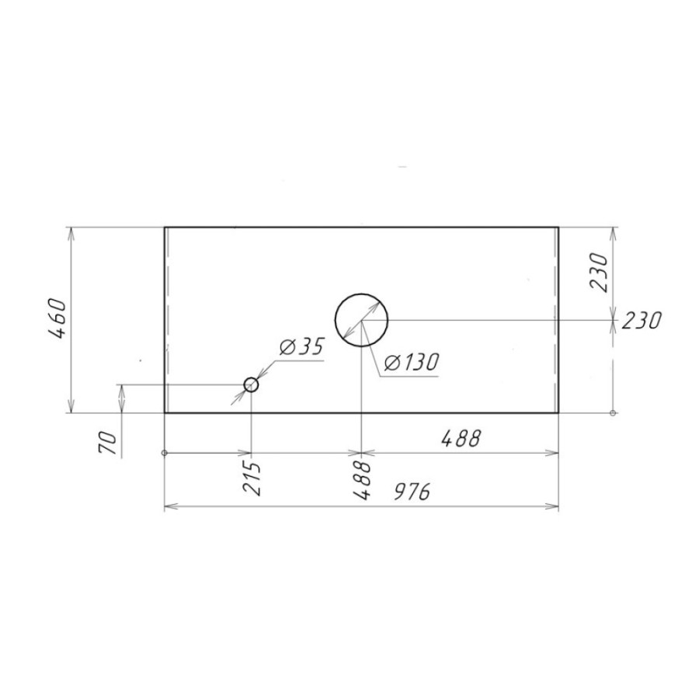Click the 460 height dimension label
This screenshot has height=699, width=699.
click(57, 319)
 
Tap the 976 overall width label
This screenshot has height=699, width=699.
click(412, 492)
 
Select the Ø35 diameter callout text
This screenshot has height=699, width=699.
click(301, 347)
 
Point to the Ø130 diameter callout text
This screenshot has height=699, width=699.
click(411, 363)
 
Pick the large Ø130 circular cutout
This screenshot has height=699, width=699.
click(361, 294)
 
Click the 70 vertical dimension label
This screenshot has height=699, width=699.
click(107, 443)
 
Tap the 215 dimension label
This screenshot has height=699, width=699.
click(252, 478)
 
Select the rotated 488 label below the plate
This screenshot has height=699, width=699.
click(361, 480)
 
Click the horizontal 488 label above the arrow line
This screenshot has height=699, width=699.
click(461, 439)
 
